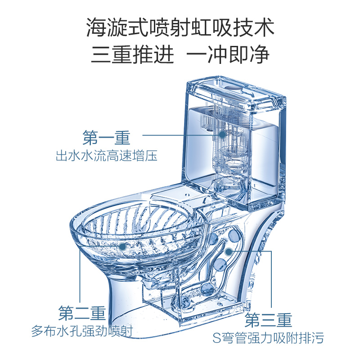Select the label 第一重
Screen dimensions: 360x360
point(106,136)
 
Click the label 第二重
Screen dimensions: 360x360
point(82,312)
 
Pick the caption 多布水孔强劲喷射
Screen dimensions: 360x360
point(82,332)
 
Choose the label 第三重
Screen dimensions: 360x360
point(269,320)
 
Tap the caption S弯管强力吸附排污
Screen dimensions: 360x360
point(269,337)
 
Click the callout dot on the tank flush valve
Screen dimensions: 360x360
point(222,134)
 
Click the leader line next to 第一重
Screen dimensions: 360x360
point(180,134)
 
